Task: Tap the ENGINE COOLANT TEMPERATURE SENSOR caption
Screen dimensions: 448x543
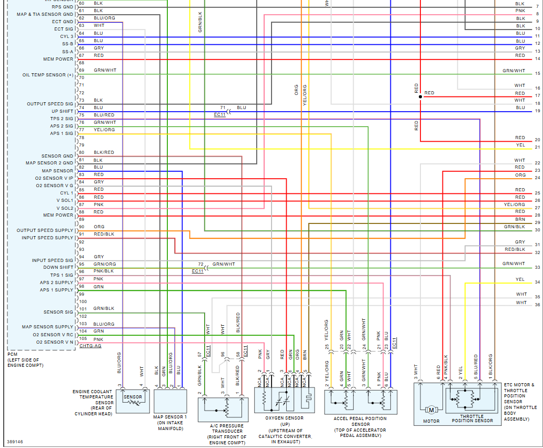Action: tap(93, 403)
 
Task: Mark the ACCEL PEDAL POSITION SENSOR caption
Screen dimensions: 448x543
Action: tap(360, 424)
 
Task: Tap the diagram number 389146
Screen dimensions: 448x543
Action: tap(15, 442)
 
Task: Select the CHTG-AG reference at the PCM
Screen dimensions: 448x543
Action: tap(90, 346)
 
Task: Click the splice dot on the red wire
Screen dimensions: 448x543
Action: tap(420, 97)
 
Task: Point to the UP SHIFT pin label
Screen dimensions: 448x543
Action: tap(62, 111)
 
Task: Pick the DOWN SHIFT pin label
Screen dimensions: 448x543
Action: tap(58, 268)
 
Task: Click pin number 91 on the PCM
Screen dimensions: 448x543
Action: tap(82, 234)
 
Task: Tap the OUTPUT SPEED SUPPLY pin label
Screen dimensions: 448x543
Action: tap(45, 230)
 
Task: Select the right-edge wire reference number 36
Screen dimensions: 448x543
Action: tap(537, 305)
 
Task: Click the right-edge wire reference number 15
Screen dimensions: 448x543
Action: tap(537, 74)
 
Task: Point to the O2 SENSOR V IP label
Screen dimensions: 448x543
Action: tap(54, 178)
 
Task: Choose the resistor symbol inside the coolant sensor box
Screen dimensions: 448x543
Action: tap(133, 402)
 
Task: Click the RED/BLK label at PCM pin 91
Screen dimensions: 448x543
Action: tap(104, 234)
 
